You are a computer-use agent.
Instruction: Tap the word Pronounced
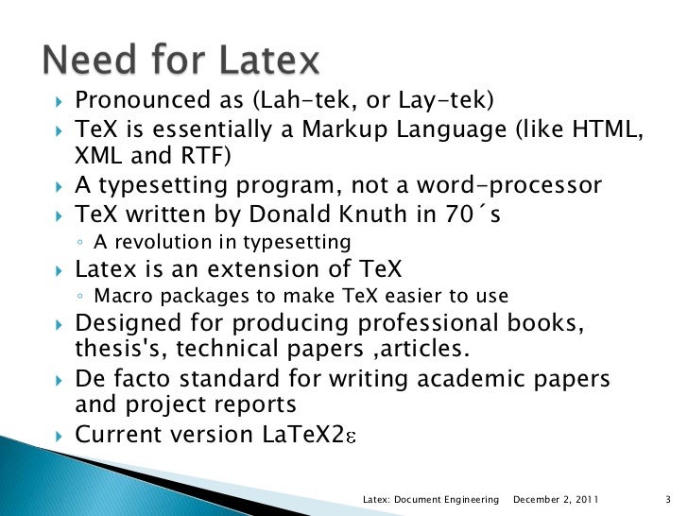point(140,101)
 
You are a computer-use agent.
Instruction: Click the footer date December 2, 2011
point(559,498)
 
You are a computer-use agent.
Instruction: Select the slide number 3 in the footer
point(667,498)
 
